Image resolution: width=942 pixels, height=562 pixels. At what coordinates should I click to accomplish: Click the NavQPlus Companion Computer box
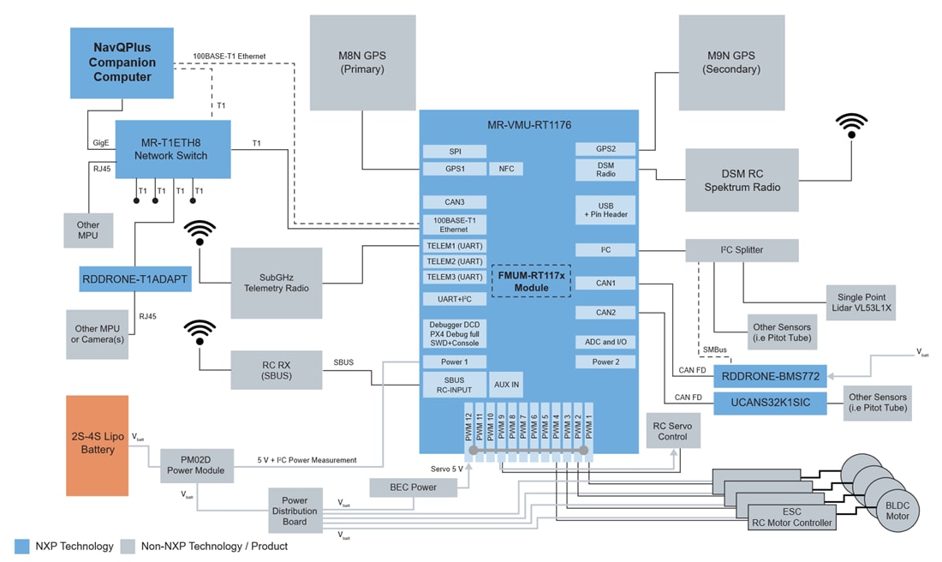[x=122, y=63]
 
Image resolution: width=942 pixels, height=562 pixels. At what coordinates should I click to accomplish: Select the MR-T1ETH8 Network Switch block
[x=173, y=149]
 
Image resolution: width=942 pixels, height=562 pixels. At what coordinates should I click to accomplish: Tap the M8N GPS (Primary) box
[x=362, y=62]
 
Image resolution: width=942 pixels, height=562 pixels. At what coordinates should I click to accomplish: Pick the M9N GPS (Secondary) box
[x=731, y=62]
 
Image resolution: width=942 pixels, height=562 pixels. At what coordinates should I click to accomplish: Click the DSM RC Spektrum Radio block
[x=742, y=180]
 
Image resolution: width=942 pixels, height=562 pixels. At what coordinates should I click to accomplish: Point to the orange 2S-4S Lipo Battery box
[x=98, y=445]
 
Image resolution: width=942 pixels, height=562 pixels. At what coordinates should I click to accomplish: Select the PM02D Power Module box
[x=196, y=463]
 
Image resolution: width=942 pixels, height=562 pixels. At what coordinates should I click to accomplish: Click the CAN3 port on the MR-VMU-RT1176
[x=454, y=202]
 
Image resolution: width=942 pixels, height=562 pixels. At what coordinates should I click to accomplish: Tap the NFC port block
[x=506, y=169]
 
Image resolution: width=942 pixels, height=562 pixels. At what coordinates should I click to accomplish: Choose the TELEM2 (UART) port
[x=454, y=261]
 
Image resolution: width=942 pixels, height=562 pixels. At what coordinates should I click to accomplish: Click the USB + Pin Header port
[x=605, y=210]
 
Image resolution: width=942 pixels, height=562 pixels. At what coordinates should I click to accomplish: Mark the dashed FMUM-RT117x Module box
[x=531, y=281]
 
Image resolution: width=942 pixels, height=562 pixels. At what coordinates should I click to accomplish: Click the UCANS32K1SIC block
[x=770, y=402]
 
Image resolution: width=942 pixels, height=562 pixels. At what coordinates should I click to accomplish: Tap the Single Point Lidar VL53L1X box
[x=861, y=302]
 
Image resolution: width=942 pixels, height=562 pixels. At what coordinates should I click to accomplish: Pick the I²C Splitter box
[x=742, y=250]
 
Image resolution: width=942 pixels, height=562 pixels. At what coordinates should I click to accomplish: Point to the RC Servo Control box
[x=672, y=430]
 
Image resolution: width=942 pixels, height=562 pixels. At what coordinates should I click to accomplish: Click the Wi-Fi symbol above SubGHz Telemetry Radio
[x=200, y=232]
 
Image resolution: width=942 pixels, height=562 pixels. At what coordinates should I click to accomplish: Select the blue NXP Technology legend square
[x=22, y=546]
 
